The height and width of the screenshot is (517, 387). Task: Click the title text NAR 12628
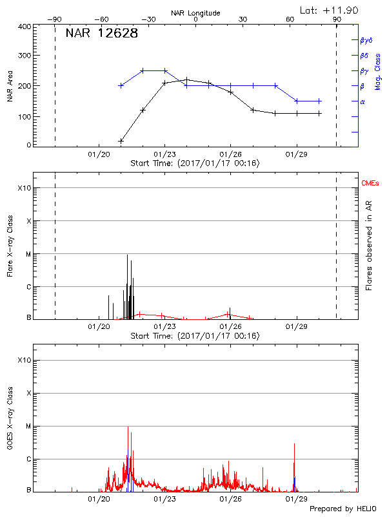(102, 34)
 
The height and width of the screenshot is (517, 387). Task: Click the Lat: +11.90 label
(330, 10)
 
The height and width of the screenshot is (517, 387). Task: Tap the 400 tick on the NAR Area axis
(25, 26)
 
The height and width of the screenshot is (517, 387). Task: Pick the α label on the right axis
(362, 101)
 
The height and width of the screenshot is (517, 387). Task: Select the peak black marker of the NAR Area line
(186, 79)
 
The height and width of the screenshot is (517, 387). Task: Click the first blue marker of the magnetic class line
(121, 85)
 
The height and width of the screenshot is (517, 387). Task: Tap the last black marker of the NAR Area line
(319, 114)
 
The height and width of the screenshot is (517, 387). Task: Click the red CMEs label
(370, 184)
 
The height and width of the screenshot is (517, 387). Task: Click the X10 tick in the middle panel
(25, 188)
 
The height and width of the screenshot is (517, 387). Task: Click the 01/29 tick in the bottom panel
(296, 499)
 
